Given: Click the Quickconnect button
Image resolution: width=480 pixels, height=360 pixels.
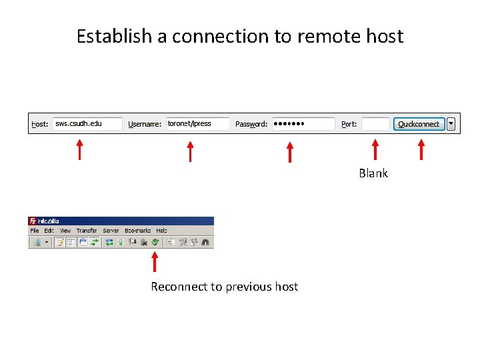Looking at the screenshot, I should tap(419, 124).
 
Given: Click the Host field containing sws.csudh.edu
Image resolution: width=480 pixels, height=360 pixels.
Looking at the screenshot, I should tap(87, 124).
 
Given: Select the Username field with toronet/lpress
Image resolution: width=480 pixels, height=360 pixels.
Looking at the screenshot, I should tap(198, 124).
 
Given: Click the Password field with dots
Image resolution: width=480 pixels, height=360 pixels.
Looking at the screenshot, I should tap(303, 124).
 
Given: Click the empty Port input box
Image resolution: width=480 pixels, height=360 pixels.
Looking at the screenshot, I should tap(375, 124).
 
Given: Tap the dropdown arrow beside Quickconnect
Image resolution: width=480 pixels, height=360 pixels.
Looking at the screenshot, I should tap(451, 123).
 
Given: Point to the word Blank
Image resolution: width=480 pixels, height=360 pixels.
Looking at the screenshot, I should tap(373, 173).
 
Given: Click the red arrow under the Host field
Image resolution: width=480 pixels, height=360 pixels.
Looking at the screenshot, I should tap(79, 150).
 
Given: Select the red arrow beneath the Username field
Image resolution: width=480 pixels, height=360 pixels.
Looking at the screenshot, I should tap(190, 151).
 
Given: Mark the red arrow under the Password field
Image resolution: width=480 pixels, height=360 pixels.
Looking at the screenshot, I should tap(289, 151).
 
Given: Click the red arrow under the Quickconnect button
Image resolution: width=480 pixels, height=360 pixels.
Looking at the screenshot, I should tap(421, 150).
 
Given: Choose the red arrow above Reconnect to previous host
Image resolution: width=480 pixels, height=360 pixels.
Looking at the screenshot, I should tap(155, 262).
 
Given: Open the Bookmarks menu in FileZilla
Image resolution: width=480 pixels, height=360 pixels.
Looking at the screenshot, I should tap(138, 231).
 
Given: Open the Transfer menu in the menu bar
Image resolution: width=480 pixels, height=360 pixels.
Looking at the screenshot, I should tap(87, 231).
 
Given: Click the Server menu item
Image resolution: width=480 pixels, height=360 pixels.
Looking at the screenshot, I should tap(111, 231).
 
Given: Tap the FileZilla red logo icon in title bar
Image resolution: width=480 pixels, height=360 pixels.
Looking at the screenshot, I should tap(32, 221).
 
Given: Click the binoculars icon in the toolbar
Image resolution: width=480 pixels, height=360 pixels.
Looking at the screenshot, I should tap(206, 242).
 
